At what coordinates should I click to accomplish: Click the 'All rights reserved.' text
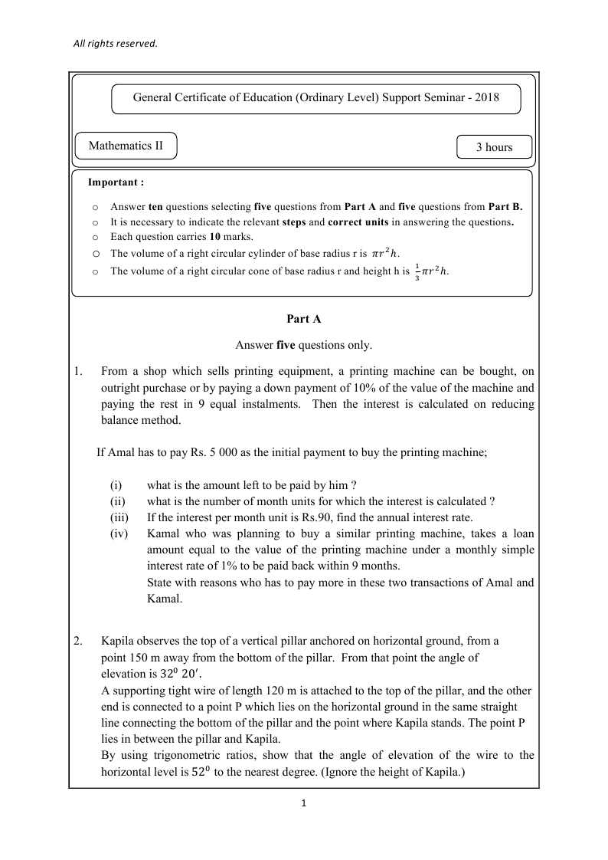[115, 44]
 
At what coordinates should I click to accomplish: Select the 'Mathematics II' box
[126, 146]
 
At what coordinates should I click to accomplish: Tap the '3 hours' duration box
[494, 147]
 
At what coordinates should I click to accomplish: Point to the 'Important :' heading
[116, 182]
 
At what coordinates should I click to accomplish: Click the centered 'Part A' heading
[303, 318]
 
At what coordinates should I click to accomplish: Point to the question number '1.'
[78, 372]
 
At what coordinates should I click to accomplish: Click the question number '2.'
[78, 641]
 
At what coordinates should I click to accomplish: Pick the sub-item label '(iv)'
[119, 533]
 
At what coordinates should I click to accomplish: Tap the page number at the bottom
[304, 804]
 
